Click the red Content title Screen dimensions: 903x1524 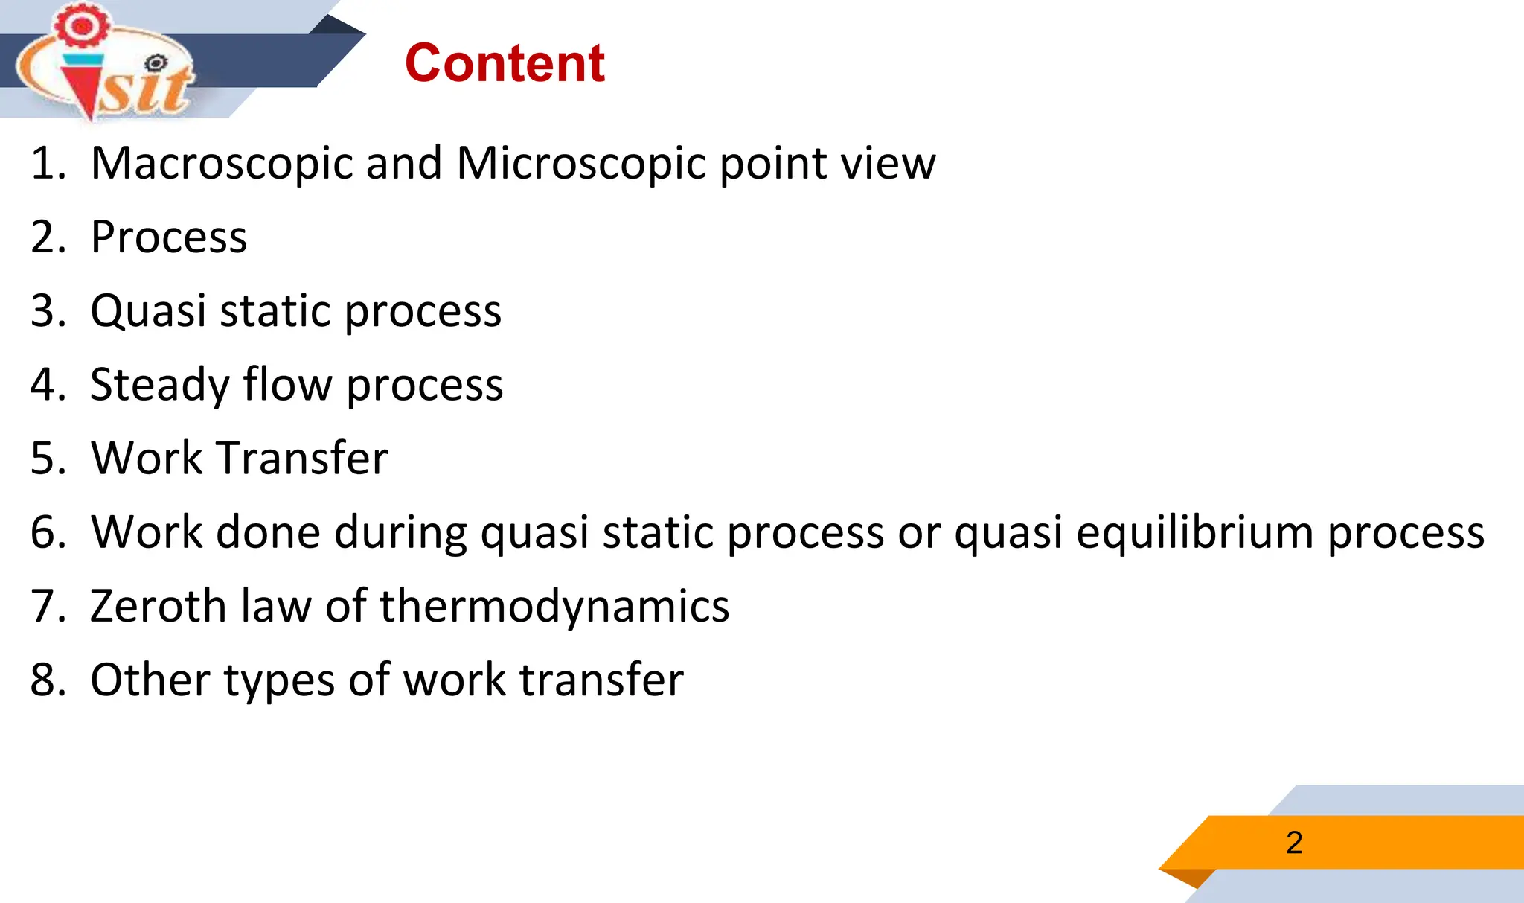pyautogui.click(x=505, y=63)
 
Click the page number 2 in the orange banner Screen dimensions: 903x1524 pyautogui.click(x=1294, y=843)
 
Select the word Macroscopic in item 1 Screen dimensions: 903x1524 pyautogui.click(x=221, y=163)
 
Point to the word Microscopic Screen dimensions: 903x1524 pyautogui.click(x=581, y=163)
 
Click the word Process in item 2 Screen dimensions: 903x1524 pyautogui.click(x=169, y=237)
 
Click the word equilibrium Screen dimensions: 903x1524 pyautogui.click(x=1195, y=532)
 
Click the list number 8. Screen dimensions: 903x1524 pyautogui.click(x=43, y=680)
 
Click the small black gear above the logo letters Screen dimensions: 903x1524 pyautogui.click(x=156, y=64)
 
